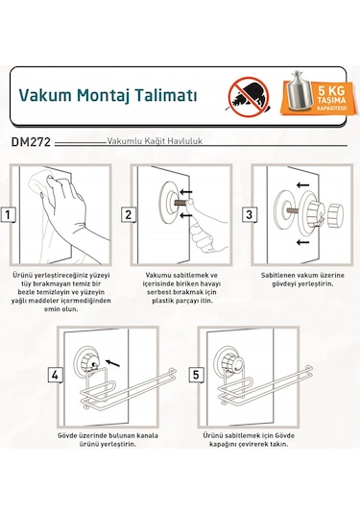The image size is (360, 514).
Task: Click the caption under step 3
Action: coord(300,279)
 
